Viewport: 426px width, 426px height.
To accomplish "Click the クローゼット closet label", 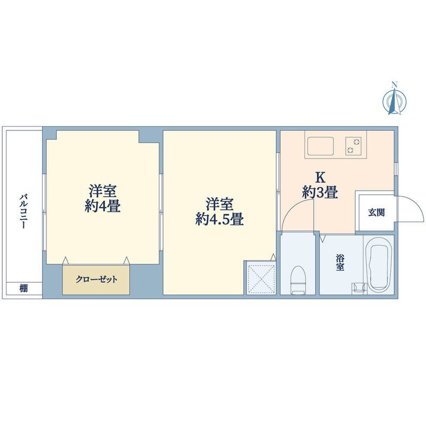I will (x=96, y=279).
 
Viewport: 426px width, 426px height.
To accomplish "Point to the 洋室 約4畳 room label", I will (x=102, y=198).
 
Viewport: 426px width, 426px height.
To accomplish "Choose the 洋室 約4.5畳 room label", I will (x=219, y=211).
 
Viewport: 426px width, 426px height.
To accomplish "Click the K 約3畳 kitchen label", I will (x=320, y=185).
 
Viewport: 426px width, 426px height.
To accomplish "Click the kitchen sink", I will (x=320, y=145).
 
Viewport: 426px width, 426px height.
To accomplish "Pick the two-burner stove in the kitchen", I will (x=353, y=145).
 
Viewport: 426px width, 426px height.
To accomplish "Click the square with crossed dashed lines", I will (x=260, y=277).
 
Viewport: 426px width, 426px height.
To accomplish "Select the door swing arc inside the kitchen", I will (x=296, y=216).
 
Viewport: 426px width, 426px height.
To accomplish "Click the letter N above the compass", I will (x=395, y=84).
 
